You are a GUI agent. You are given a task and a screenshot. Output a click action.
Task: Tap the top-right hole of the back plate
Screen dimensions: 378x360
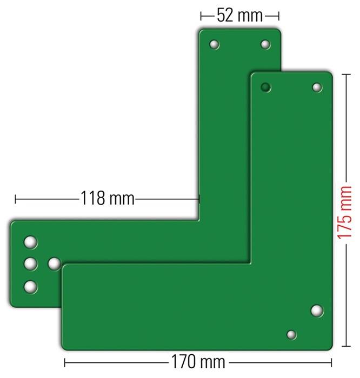pos(265,44)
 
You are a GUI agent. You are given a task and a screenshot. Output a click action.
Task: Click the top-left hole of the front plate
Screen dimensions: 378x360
pos(265,86)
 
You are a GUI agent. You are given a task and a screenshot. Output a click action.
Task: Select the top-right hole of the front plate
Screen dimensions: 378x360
pos(317,87)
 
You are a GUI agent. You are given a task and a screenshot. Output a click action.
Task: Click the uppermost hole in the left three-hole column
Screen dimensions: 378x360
pos(31,242)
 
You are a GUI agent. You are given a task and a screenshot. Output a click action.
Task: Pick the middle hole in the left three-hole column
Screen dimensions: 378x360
pos(31,264)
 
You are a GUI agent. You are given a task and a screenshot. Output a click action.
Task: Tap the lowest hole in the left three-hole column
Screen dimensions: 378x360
pos(31,286)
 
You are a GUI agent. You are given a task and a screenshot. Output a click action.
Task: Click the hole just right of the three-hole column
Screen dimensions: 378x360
pos(54,264)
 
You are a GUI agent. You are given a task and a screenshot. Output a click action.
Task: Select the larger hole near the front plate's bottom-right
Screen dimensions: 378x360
pos(317,310)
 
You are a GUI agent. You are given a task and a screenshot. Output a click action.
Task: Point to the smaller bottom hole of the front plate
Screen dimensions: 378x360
pos(291,335)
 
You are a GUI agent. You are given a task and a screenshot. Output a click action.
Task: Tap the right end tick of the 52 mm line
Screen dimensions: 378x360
pos(279,15)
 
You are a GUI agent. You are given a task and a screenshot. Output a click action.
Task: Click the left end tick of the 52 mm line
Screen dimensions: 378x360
pos(201,15)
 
